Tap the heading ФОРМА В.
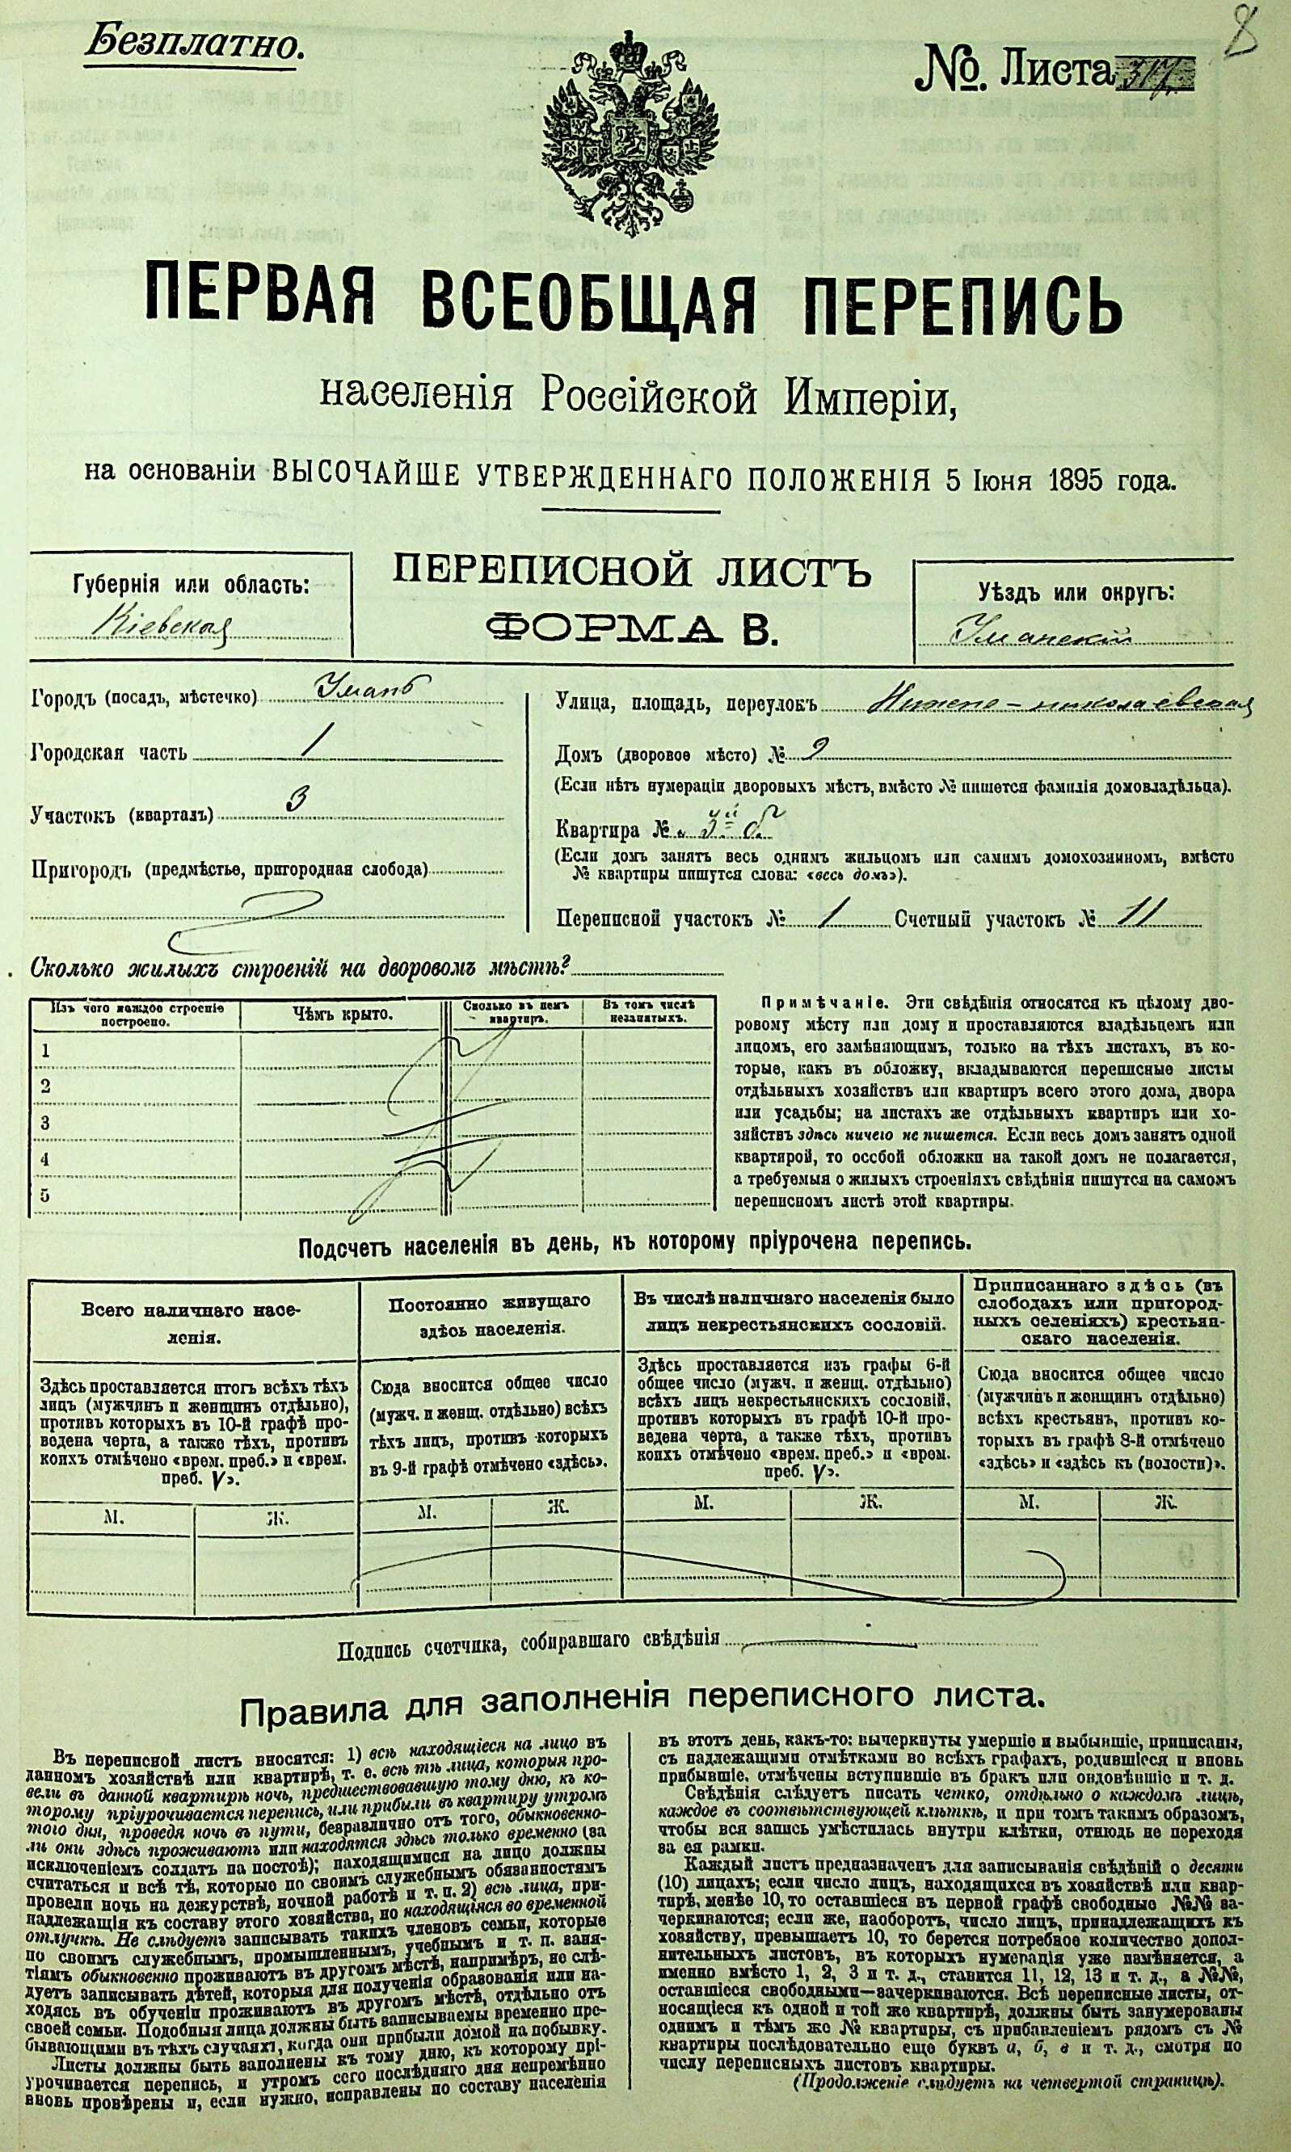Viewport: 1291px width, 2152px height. (x=630, y=628)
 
